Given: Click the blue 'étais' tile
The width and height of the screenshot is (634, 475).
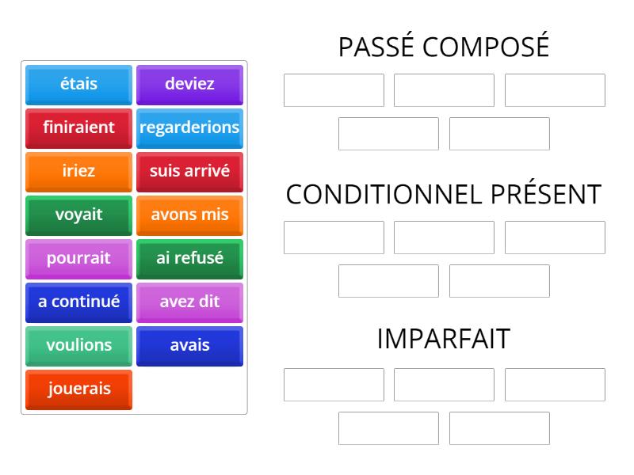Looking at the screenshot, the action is [x=78, y=85].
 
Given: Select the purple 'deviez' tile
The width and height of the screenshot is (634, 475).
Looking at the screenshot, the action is [x=189, y=85].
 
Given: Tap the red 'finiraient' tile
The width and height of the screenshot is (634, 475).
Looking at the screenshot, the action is [x=78, y=128].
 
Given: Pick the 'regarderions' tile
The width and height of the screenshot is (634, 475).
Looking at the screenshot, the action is [x=189, y=128].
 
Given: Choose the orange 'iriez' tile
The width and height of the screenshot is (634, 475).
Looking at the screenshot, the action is [x=78, y=172].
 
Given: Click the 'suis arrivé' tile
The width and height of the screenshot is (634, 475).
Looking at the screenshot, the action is [x=189, y=172].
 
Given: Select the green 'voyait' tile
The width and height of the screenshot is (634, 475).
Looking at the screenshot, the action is [x=78, y=215].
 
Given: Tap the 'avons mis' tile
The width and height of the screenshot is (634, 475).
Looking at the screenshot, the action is [x=189, y=215].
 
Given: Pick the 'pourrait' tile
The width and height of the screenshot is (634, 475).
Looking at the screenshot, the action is [x=78, y=260].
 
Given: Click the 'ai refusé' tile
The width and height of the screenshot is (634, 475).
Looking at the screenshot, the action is [x=189, y=260].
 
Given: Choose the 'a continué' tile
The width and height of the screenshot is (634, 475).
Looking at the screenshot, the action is [x=78, y=303].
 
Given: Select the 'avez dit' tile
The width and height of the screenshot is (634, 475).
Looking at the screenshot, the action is [x=189, y=303].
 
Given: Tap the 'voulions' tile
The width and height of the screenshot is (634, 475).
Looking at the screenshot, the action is [x=78, y=347].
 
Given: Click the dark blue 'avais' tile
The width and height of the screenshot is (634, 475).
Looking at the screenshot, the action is [x=189, y=347].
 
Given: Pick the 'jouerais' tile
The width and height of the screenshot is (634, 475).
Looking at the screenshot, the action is [x=78, y=390].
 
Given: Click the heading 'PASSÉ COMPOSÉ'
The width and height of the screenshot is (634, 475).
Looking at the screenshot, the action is [x=444, y=46].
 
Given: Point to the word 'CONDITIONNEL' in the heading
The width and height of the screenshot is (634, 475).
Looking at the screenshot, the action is [x=384, y=195].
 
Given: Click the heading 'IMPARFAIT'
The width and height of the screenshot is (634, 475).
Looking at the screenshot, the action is [x=444, y=339].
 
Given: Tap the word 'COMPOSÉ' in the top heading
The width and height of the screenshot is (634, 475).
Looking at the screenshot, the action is [x=486, y=46].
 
